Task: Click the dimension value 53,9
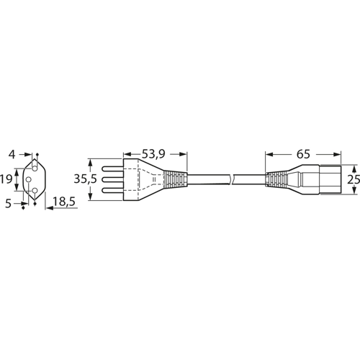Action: click(x=153, y=154)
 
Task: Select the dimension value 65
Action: click(x=303, y=154)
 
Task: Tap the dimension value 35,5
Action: click(x=85, y=179)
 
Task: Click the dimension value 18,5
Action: click(x=64, y=202)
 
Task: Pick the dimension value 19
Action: click(x=6, y=179)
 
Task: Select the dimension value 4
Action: click(x=12, y=155)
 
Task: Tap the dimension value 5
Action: click(x=9, y=204)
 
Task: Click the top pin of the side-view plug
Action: click(x=112, y=168)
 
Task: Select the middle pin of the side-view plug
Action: click(x=112, y=179)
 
